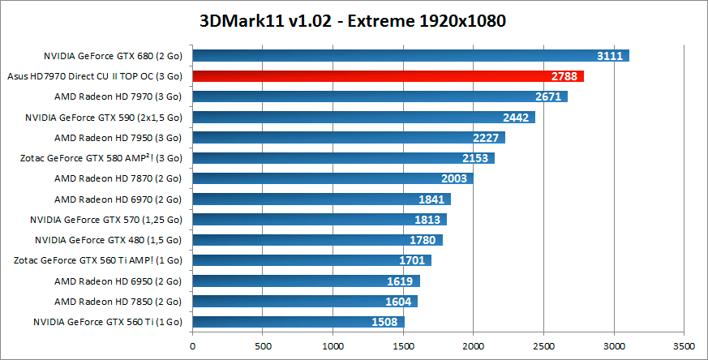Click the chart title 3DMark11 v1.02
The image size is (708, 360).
(354, 21)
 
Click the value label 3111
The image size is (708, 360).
(609, 56)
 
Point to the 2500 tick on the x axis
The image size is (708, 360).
(543, 345)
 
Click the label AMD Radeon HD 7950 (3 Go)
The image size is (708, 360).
(118, 138)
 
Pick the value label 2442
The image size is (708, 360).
(516, 118)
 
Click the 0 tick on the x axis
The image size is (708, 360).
(192, 345)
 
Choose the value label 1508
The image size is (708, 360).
(386, 322)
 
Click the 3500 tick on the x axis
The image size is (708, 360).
(684, 345)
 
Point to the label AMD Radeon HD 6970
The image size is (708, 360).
(118, 199)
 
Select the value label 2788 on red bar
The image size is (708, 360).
(564, 76)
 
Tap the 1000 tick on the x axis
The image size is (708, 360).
(333, 345)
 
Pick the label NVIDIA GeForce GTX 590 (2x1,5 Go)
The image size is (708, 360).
(104, 118)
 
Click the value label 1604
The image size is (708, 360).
(400, 302)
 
